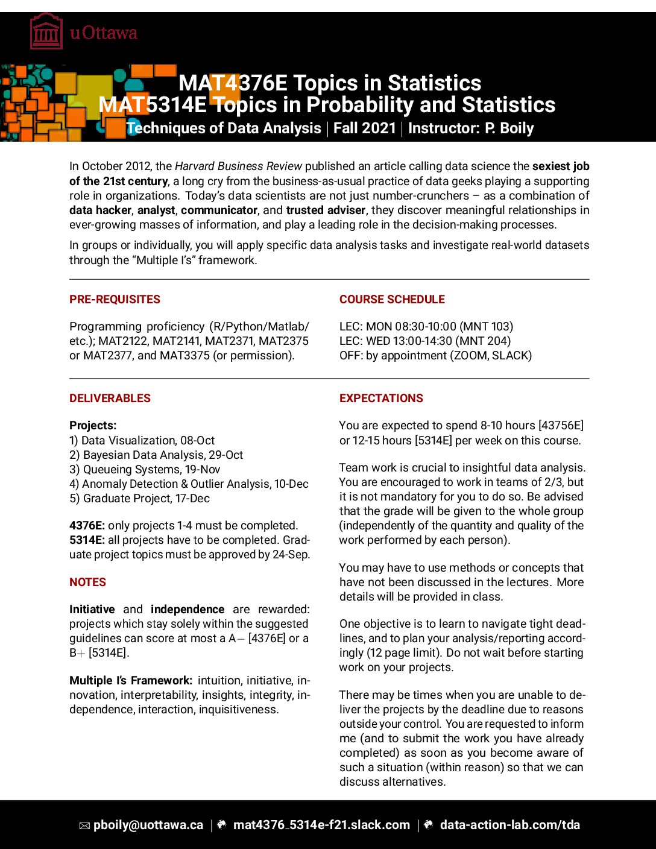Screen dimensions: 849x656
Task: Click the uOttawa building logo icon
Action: click(x=46, y=32)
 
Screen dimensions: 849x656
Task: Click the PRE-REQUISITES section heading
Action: click(x=115, y=300)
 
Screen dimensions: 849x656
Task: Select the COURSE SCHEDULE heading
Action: click(x=392, y=300)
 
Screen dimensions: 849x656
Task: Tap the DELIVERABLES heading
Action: click(x=110, y=399)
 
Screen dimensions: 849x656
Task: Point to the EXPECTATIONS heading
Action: click(x=381, y=399)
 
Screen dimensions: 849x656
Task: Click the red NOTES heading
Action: click(x=87, y=582)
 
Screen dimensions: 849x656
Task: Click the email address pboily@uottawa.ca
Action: click(x=148, y=825)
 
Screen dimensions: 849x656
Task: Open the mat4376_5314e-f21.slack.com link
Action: click(x=321, y=825)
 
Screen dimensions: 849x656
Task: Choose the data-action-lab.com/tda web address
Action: click(x=509, y=825)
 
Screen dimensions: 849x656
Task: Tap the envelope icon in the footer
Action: click(x=84, y=826)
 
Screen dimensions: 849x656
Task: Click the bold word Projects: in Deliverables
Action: click(x=93, y=426)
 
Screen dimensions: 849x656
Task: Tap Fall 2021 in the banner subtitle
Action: click(x=364, y=128)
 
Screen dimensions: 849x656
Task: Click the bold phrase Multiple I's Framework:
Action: click(x=131, y=681)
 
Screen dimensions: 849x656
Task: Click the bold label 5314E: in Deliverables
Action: click(x=87, y=540)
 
